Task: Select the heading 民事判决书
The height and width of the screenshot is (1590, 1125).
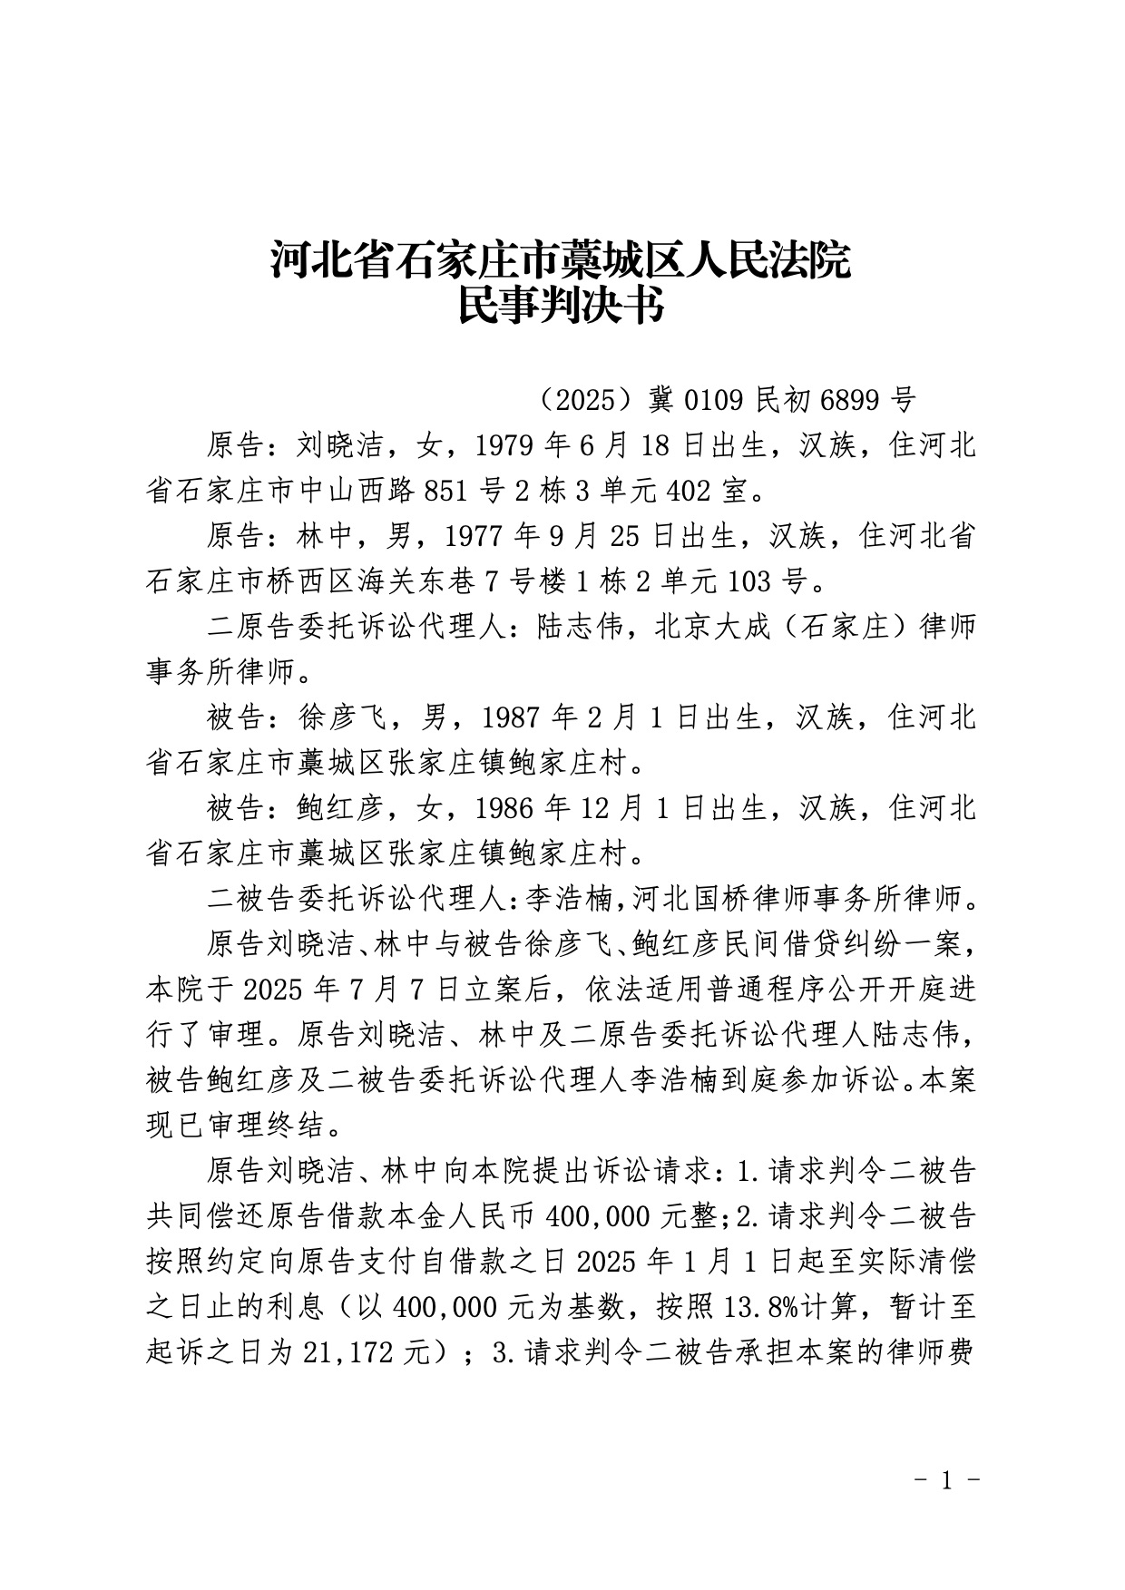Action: point(561,307)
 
